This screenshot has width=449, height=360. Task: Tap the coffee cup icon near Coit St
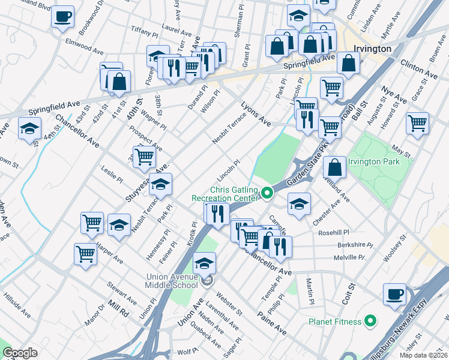coord(395,294)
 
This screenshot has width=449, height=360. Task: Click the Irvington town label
coord(372,49)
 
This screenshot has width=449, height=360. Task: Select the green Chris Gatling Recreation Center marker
coord(267,193)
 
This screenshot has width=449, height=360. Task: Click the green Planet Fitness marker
coord(370,321)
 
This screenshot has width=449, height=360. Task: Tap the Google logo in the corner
coord(20,353)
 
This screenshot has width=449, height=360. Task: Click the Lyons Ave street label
coord(256,113)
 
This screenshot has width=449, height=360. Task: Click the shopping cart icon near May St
coord(417,123)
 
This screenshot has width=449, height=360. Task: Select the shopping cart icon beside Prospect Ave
coord(144,157)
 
